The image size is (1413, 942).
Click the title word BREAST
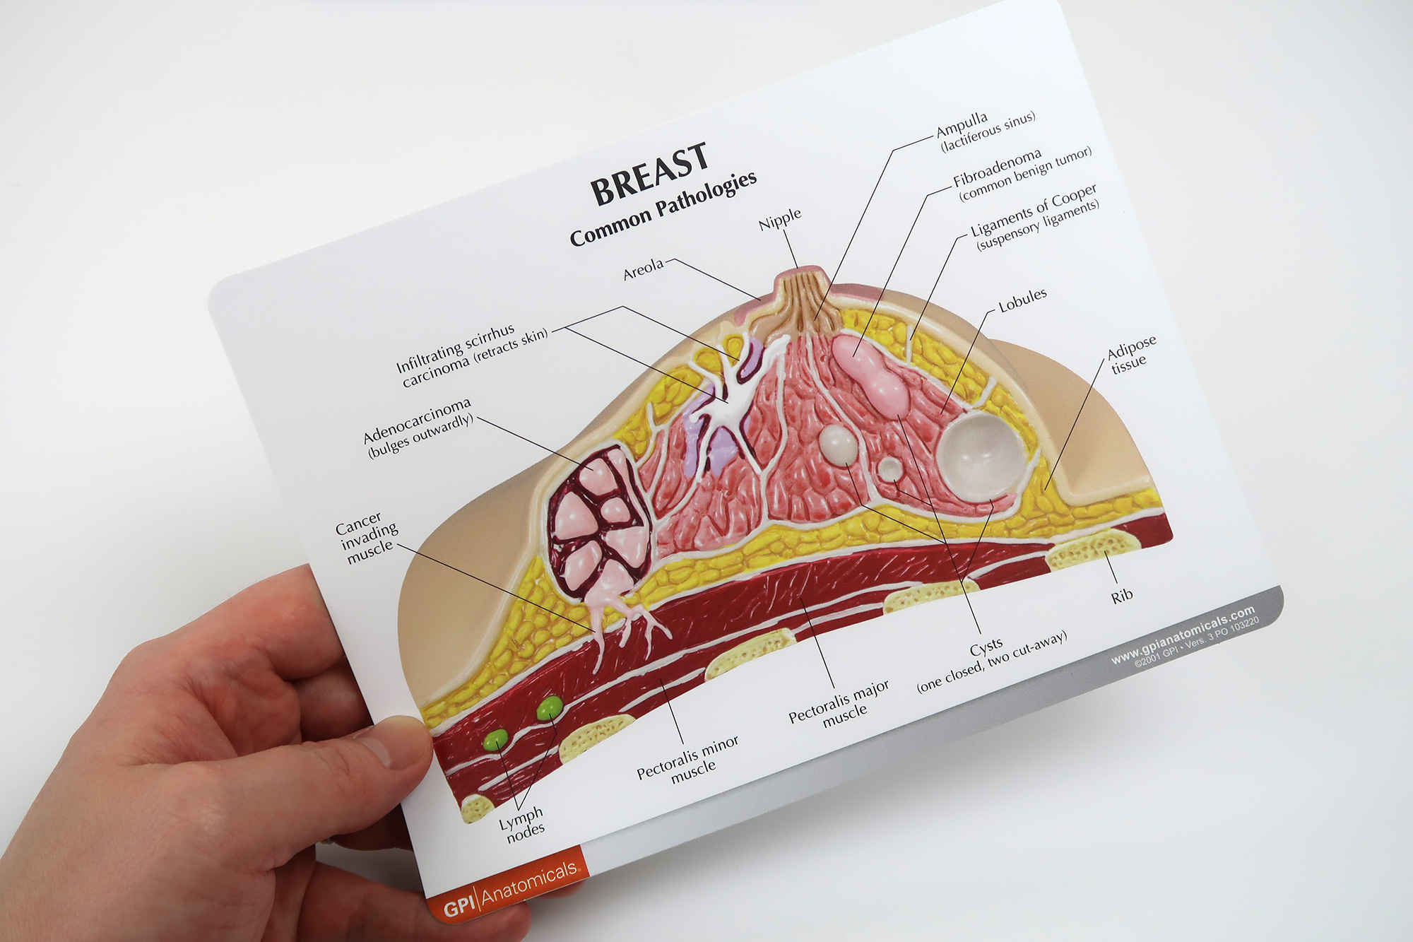tap(649, 174)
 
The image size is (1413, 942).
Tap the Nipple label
tap(780, 220)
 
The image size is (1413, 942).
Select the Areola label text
tap(643, 269)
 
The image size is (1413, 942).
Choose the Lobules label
tap(1022, 300)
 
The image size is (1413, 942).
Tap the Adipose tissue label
tap(1131, 354)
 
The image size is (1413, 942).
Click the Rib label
tap(1122, 596)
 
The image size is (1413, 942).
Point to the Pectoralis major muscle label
tap(840, 705)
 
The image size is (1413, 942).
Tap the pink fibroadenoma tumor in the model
tap(870, 370)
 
